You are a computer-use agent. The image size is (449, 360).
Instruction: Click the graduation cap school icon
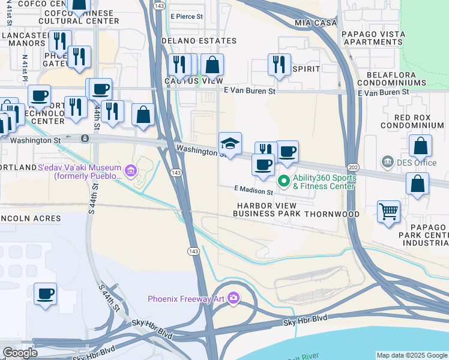[230, 144]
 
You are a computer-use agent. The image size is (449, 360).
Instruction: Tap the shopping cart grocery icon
[388, 211]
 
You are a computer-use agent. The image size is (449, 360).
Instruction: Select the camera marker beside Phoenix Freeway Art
[234, 298]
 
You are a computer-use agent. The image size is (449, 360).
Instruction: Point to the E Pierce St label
[187, 17]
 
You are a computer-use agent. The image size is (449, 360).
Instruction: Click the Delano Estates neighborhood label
[199, 41]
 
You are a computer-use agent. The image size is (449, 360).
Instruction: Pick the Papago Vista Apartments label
[372, 38]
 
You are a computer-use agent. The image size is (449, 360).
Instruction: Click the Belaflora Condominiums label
[400, 78]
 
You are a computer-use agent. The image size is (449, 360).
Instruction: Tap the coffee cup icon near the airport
[45, 294]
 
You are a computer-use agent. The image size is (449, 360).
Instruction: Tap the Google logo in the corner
[20, 353]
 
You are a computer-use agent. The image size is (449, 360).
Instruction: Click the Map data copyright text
[411, 355]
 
